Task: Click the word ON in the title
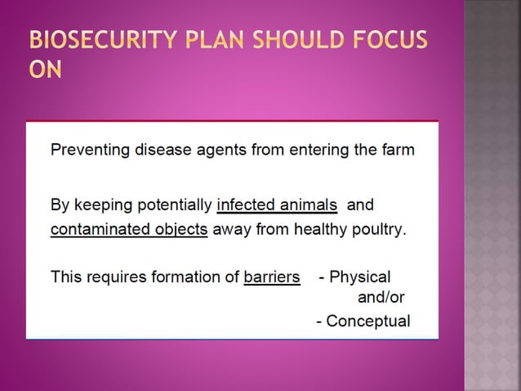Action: (46, 71)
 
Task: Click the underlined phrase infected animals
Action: (277, 204)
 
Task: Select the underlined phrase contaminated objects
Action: (129, 229)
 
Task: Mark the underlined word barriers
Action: (272, 277)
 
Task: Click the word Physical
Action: (359, 277)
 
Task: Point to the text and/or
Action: (381, 297)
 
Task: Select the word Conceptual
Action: (367, 321)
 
